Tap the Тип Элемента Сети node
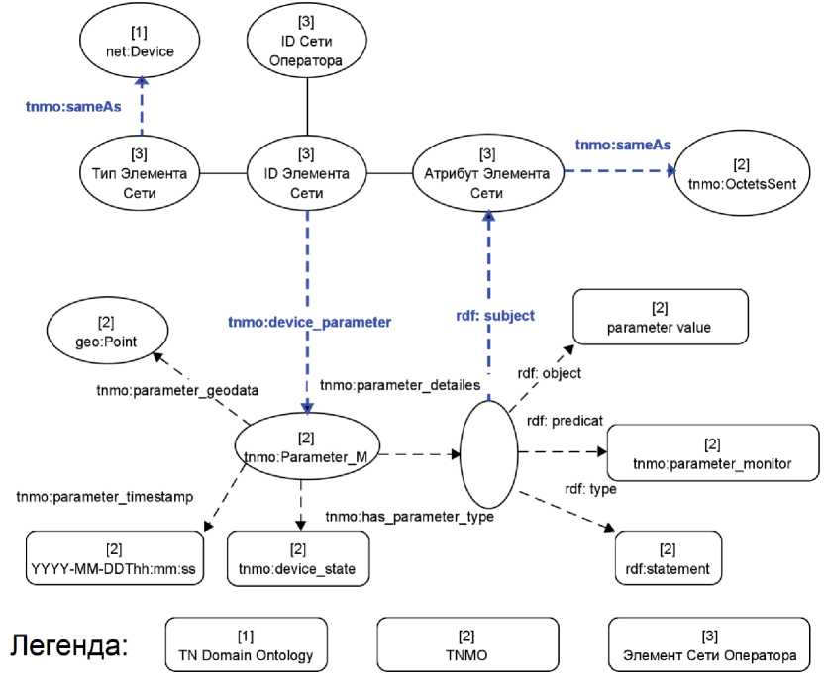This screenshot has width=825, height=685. coord(140,174)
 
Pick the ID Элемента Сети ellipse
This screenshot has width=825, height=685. coord(307,174)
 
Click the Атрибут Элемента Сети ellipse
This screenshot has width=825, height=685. coord(487,174)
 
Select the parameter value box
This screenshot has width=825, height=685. coord(660,318)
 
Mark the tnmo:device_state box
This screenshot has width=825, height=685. coord(298,559)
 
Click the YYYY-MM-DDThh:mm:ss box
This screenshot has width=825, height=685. coord(114,559)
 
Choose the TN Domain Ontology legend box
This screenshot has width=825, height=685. coord(245,644)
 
